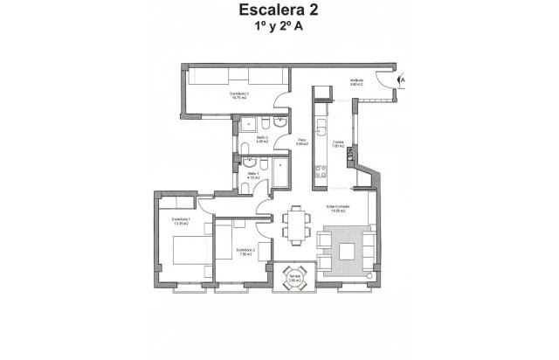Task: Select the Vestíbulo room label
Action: click(x=356, y=83)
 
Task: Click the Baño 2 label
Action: click(x=261, y=140)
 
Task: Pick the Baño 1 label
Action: click(x=253, y=177)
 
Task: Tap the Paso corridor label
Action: click(x=302, y=142)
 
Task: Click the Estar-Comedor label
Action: click(x=335, y=209)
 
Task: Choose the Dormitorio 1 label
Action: click(x=181, y=221)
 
